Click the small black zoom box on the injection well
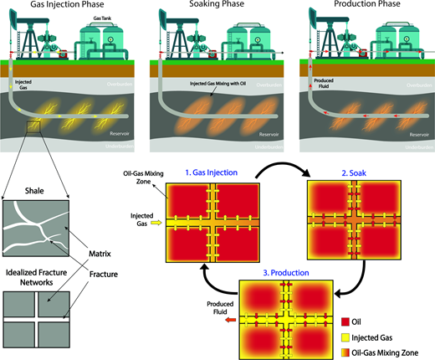pyautogui.click(x=35, y=126)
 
